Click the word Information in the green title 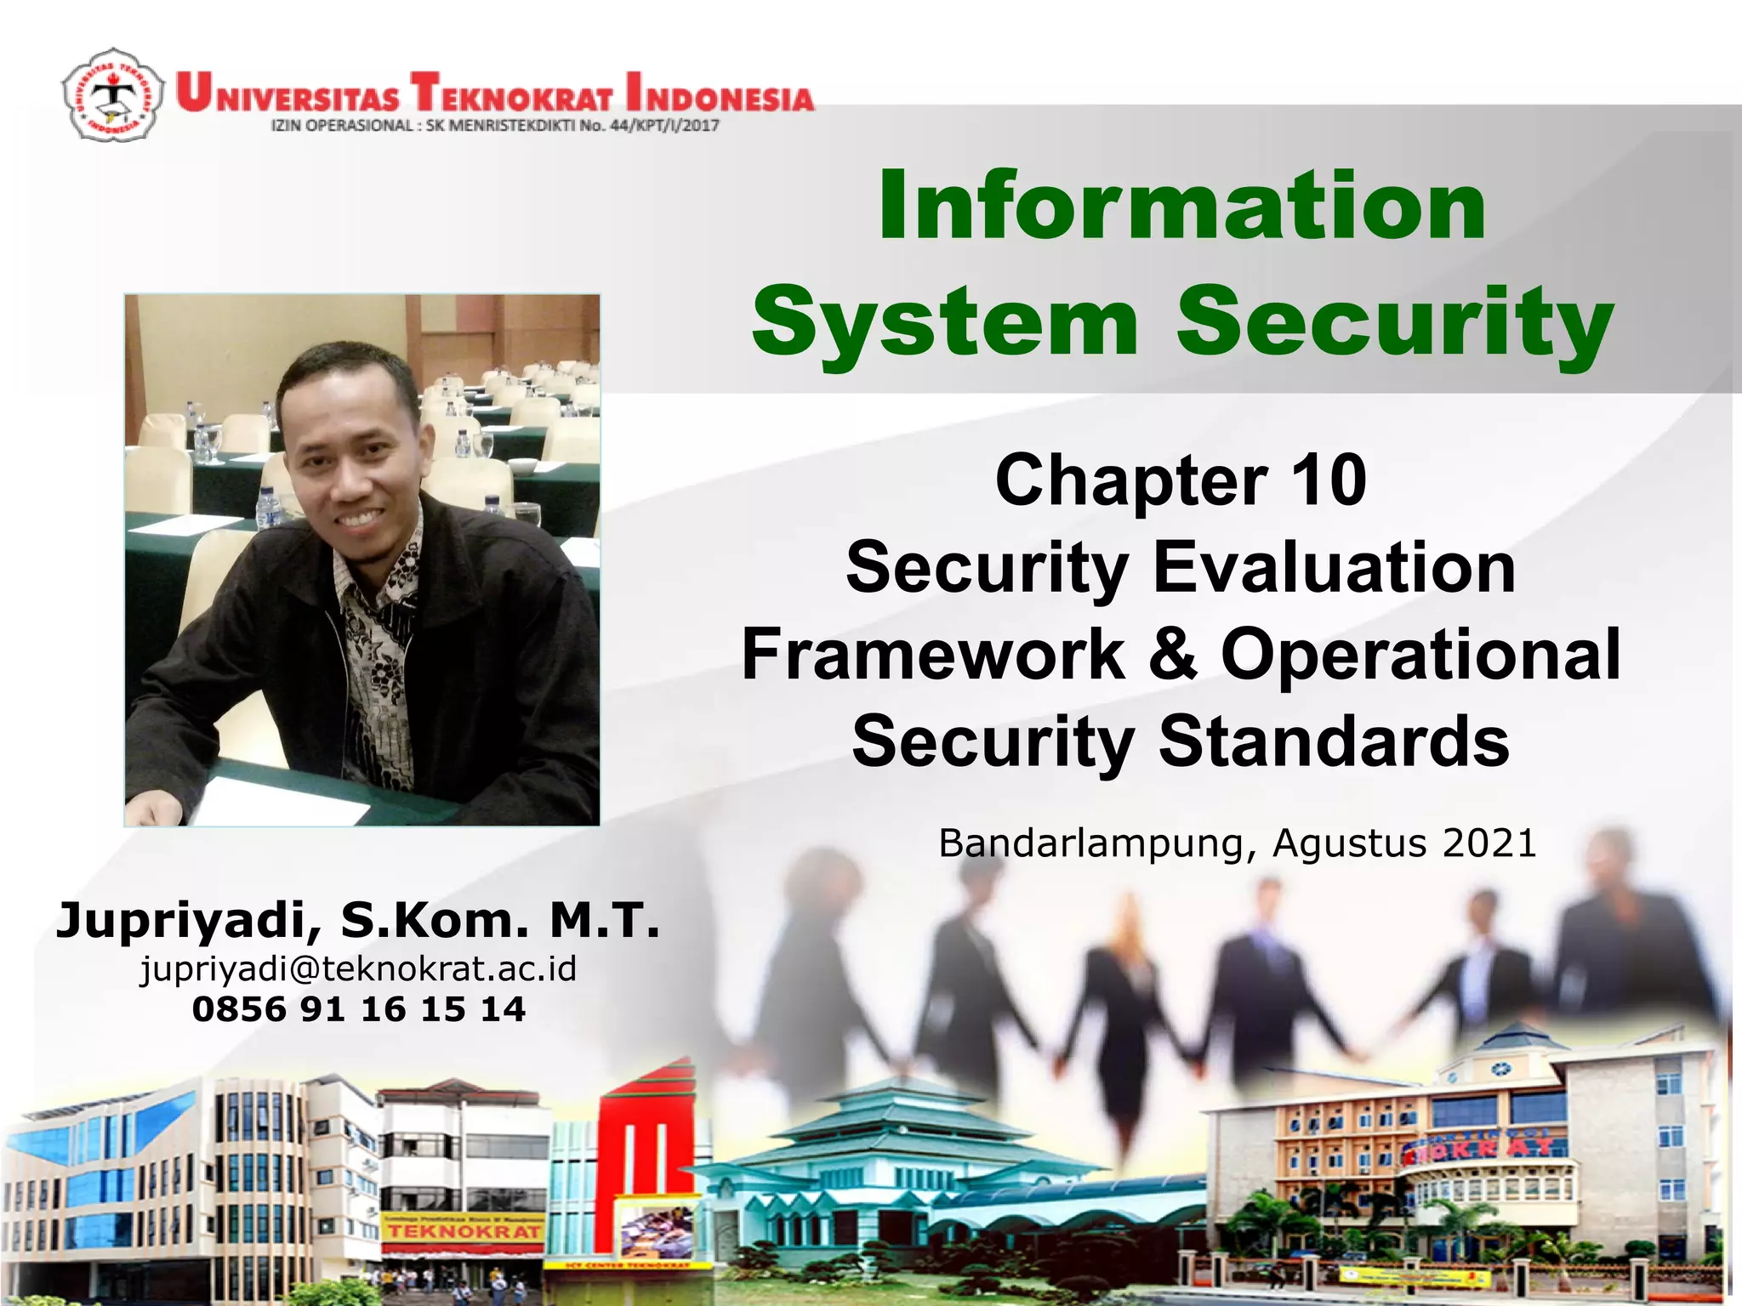1182,206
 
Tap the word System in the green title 945,321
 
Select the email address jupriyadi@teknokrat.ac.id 358,968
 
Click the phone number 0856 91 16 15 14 358,1009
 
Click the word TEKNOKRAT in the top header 510,94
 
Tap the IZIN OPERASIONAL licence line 494,126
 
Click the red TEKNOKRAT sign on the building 464,1230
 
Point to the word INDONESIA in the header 719,94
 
